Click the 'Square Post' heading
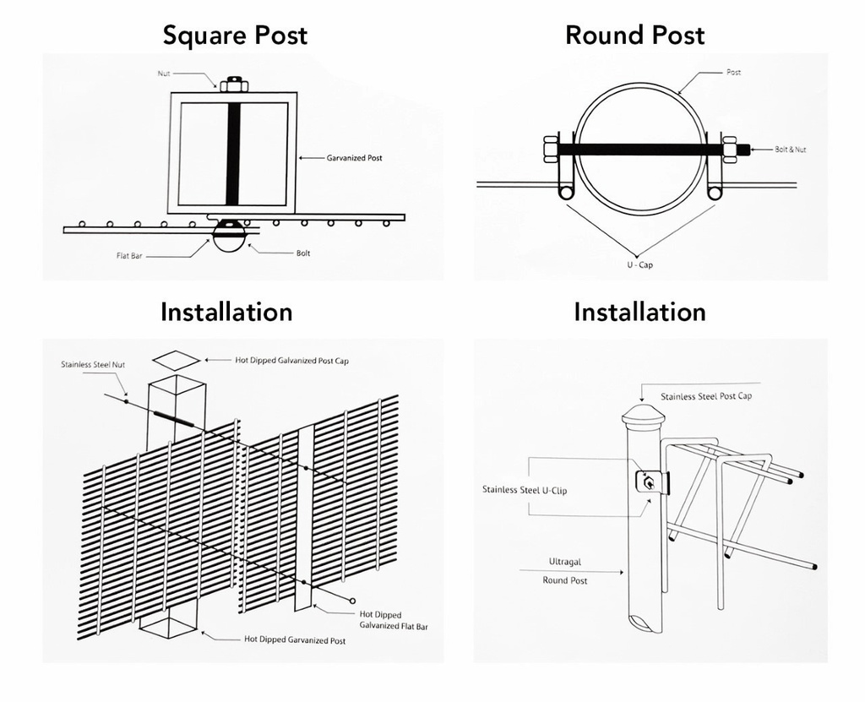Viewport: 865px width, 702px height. point(235,35)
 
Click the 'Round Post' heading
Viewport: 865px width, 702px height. point(634,35)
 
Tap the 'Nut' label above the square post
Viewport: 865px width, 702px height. point(163,74)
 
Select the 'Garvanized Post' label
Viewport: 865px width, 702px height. point(354,158)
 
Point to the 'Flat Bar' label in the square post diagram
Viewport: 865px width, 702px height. point(129,254)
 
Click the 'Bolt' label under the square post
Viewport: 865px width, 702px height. point(303,253)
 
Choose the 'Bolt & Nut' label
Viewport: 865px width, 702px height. point(791,150)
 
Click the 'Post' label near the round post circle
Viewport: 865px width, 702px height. point(733,73)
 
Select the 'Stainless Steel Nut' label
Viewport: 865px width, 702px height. point(93,365)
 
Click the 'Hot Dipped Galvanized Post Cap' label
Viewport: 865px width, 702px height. point(291,361)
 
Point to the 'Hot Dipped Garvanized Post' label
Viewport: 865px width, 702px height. point(295,640)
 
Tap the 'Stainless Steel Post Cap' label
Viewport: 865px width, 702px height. point(706,396)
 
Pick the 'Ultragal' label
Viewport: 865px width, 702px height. point(564,562)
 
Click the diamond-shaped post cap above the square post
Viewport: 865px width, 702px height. point(177,361)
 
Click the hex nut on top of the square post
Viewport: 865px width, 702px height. point(232,84)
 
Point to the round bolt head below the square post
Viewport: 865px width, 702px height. point(230,236)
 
